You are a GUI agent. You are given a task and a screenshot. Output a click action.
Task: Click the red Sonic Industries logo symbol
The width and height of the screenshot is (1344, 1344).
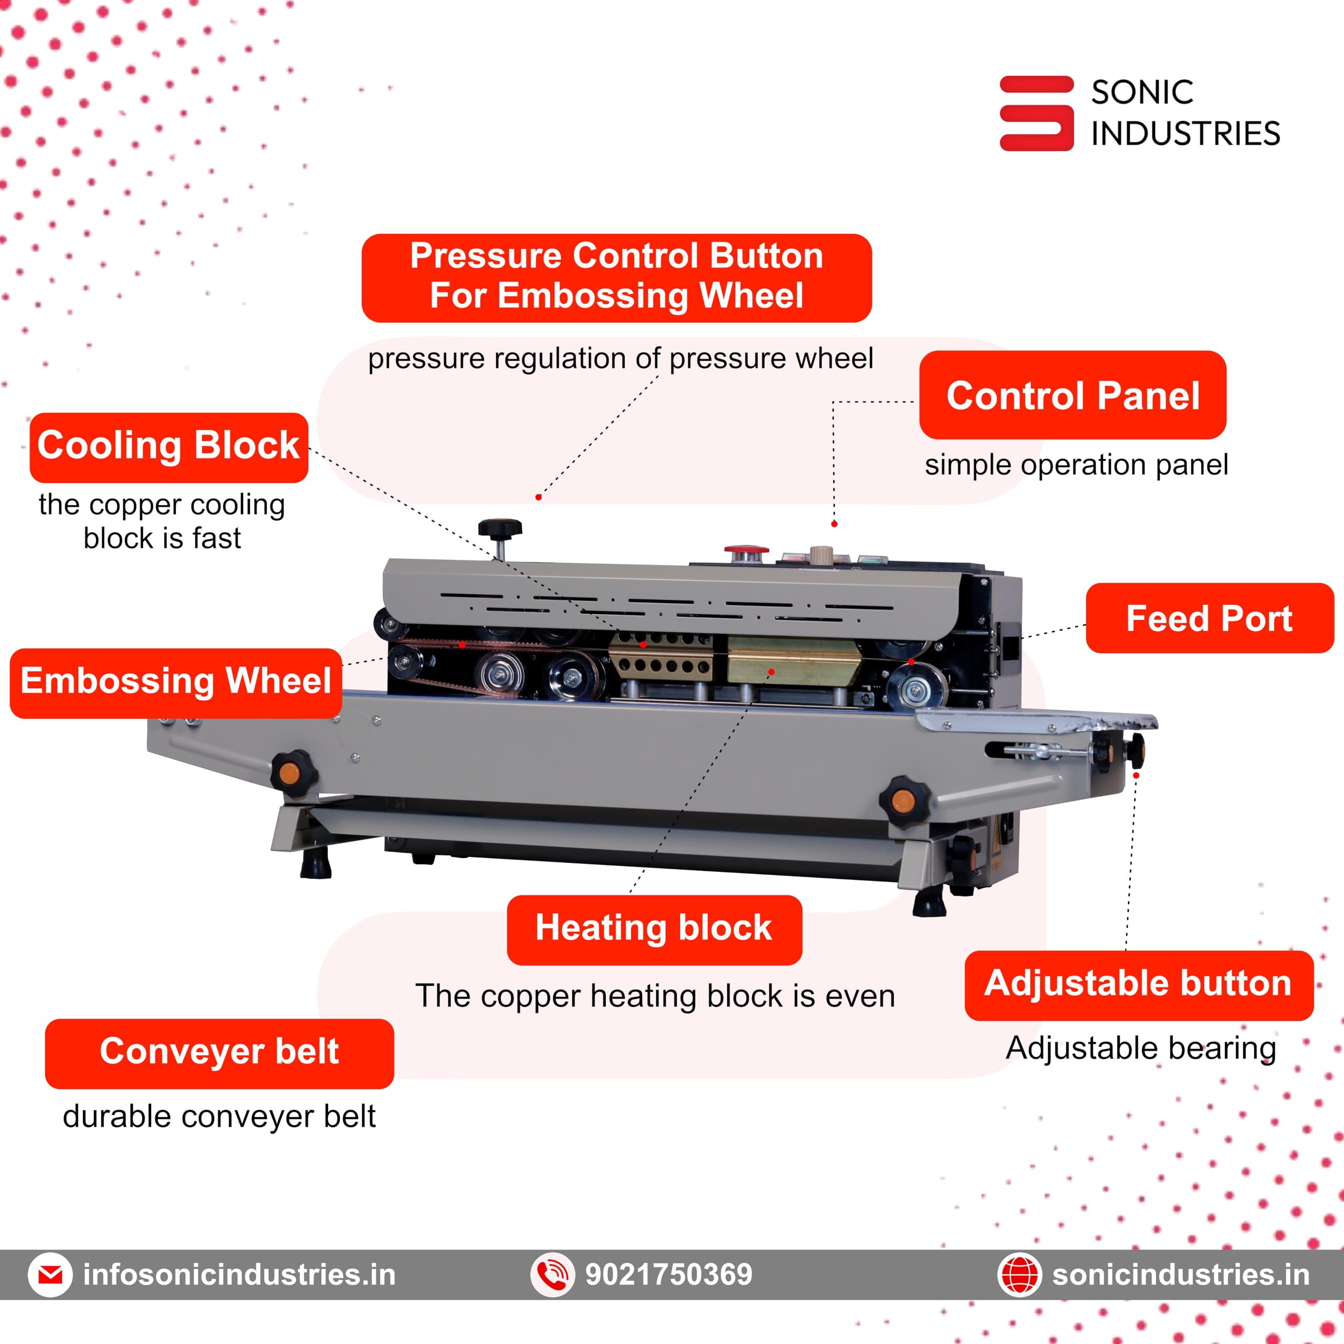point(1036,113)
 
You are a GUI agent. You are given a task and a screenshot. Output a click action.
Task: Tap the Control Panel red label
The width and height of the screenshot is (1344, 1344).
point(1072,395)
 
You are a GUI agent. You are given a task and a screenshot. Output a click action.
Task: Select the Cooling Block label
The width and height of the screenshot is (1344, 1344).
point(169,447)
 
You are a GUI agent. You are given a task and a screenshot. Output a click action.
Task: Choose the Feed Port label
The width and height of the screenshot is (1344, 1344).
point(1209,618)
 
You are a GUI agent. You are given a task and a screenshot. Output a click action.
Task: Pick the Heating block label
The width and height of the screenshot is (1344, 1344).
point(654,929)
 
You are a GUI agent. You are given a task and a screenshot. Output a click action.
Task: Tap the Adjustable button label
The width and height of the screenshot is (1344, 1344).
point(1138,985)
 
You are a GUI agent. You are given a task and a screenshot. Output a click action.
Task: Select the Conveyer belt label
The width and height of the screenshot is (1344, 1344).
point(219,1053)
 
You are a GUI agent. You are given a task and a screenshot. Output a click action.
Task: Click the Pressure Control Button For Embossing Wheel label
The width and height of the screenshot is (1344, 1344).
point(616,277)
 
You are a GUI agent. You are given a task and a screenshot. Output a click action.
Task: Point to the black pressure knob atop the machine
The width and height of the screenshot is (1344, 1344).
point(499,529)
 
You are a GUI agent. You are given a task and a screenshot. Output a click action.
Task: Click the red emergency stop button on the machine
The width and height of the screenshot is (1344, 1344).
point(747,553)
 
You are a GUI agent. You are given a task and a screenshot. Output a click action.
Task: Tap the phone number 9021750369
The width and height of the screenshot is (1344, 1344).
point(668,1274)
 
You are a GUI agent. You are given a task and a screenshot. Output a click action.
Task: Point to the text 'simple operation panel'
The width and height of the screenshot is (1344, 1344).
point(1076,465)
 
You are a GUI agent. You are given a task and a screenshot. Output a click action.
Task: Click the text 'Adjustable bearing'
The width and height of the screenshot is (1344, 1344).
point(1141,1048)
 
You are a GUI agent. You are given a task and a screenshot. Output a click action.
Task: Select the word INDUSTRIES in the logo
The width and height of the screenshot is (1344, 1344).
point(1185,133)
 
